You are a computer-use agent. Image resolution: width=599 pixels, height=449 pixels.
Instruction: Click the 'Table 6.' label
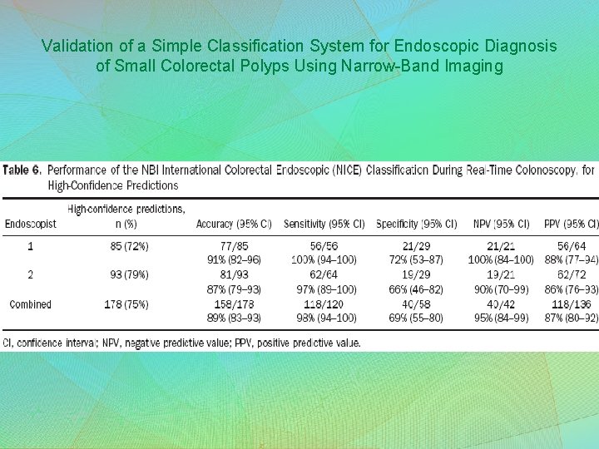tap(22, 170)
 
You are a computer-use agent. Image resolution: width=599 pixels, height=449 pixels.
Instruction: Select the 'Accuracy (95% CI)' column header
tap(234, 224)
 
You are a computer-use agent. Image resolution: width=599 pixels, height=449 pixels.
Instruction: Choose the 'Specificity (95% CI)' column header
tap(416, 224)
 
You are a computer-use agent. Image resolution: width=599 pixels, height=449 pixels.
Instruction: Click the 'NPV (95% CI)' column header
tap(502, 224)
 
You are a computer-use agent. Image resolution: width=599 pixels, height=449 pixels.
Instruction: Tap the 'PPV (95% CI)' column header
tap(570, 224)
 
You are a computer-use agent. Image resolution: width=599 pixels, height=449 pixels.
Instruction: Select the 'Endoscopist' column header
tap(31, 224)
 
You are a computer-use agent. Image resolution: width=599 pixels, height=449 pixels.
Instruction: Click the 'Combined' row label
tap(30, 304)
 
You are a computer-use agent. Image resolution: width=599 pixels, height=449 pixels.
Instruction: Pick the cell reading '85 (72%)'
tap(128, 245)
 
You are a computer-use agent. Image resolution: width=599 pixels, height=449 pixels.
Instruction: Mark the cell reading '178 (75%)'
tap(126, 304)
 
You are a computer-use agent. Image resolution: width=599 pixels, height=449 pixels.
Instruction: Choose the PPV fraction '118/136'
tap(570, 304)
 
